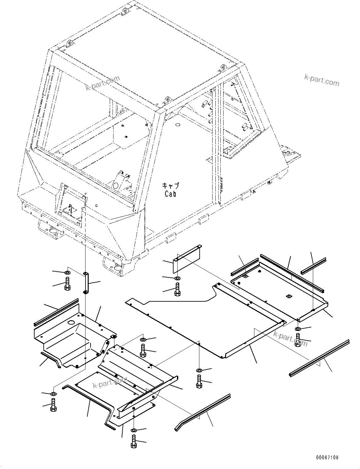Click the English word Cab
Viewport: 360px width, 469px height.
(170, 194)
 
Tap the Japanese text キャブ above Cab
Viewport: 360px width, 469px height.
(170, 185)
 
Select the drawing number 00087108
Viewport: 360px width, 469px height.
(328, 458)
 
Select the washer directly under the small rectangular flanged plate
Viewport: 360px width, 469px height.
(178, 278)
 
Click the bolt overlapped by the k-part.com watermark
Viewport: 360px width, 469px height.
(298, 340)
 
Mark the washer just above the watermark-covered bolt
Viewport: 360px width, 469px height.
(298, 329)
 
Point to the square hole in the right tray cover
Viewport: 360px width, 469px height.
(288, 296)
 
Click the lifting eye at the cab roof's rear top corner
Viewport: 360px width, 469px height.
(125, 12)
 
